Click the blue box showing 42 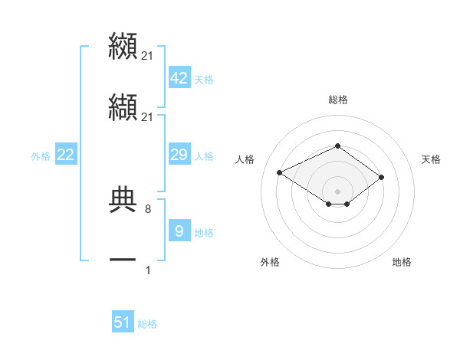(179, 78)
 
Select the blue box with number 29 (179, 155)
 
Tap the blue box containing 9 (179, 231)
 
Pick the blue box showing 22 (66, 155)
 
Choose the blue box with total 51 (123, 322)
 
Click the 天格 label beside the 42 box (204, 80)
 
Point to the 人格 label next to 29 (204, 156)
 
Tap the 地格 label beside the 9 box (204, 233)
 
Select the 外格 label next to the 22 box (41, 156)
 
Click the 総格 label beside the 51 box (147, 324)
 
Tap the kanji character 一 (123, 260)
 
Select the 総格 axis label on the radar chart (337, 100)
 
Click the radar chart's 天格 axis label (431, 159)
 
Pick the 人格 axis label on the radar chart (245, 159)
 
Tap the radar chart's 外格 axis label (270, 262)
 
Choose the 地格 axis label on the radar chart (402, 262)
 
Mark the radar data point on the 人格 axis (280, 172)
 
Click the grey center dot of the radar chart (337, 191)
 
